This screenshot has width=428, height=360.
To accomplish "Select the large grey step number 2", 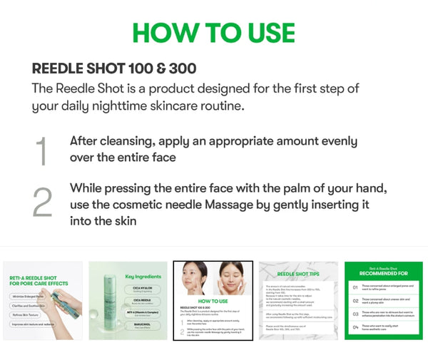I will point(42,202).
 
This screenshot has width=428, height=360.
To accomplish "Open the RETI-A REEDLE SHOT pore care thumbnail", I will point(43,300).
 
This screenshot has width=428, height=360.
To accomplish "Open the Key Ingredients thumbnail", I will point(128,300).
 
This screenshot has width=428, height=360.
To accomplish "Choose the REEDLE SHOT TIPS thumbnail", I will point(297,300).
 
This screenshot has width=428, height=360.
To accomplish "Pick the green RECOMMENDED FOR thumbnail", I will point(382,300).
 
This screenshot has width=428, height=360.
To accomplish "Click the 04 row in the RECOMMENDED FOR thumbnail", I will point(382,327).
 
